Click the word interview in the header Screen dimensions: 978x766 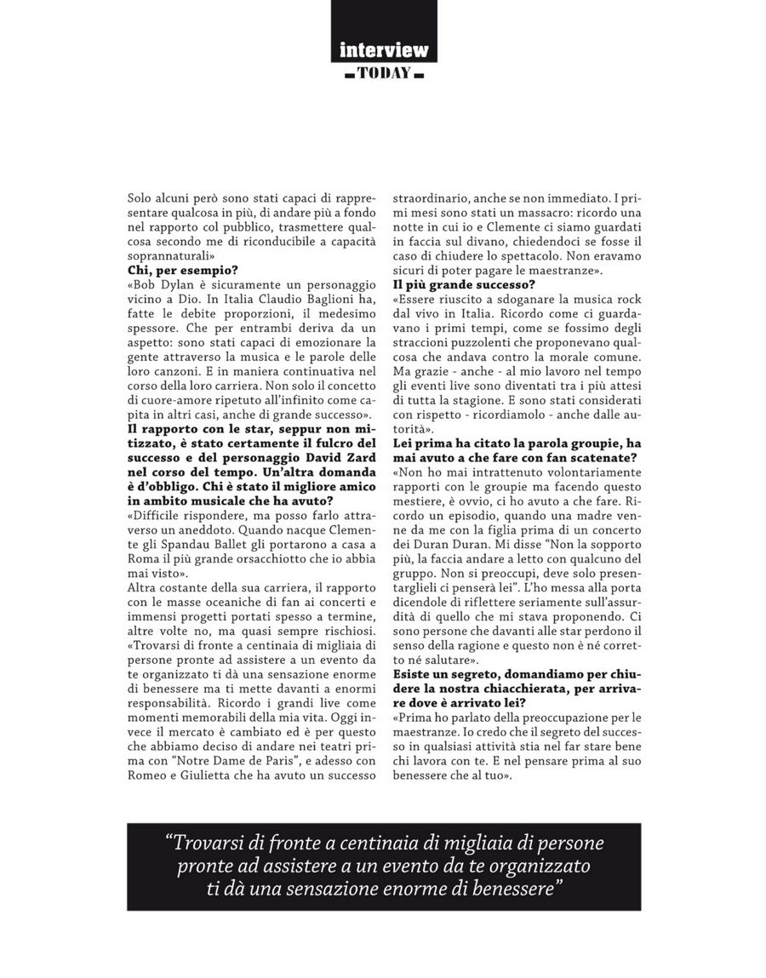383,49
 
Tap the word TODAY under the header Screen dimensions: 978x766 384,73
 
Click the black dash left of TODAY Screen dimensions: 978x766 348,75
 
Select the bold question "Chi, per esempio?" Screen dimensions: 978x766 171,270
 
